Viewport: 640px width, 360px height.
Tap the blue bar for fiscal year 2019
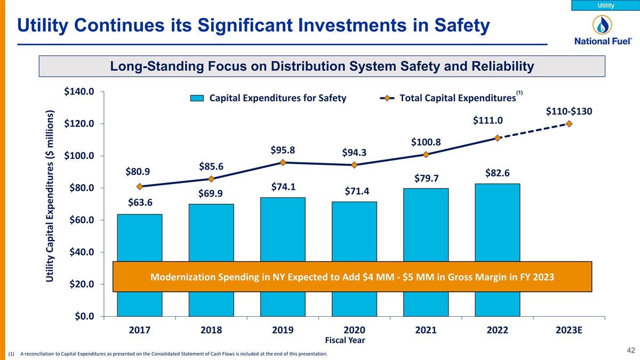283,229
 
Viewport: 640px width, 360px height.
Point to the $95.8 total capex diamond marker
283,163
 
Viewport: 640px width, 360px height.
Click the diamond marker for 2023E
570,124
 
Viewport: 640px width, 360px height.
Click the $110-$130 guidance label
569,111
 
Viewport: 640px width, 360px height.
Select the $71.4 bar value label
357,191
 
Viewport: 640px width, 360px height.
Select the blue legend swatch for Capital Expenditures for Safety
198,98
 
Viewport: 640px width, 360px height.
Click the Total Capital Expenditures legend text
457,98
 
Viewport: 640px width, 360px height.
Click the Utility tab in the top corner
605,5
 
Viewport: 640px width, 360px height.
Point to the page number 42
631,350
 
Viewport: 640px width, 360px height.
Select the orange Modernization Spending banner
352,277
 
